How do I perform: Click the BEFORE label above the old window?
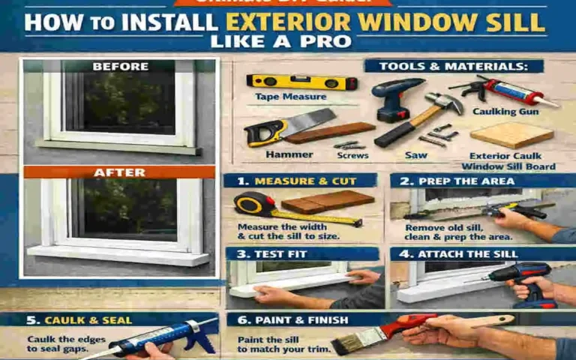pos(120,67)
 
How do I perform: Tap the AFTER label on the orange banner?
pos(120,172)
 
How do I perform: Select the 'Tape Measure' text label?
pos(280,97)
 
